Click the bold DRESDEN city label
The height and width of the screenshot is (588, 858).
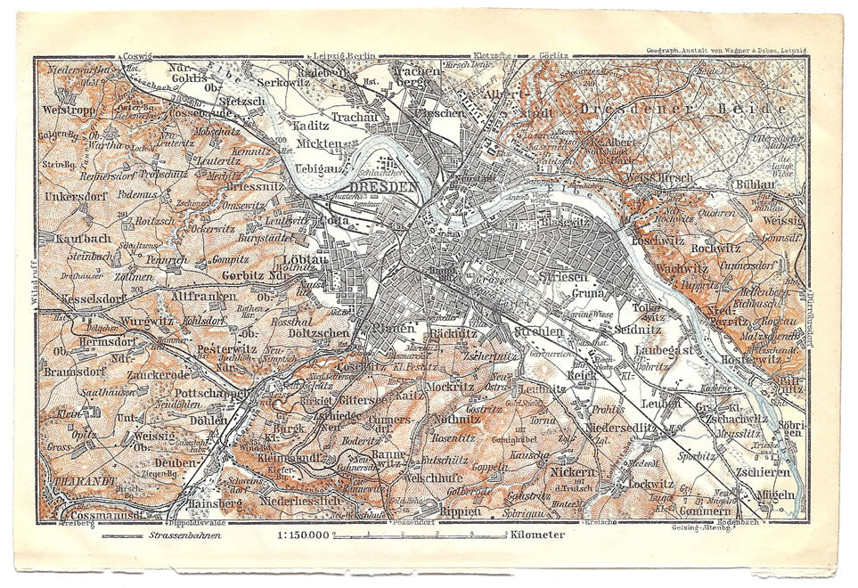click(x=385, y=186)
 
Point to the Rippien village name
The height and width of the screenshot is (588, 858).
click(x=459, y=511)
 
